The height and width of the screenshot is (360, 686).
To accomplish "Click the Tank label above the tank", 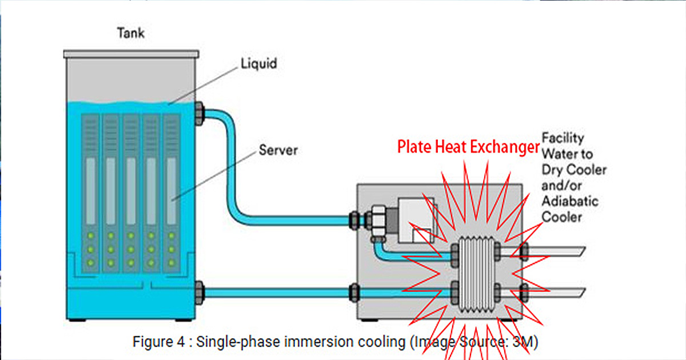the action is click(x=131, y=33).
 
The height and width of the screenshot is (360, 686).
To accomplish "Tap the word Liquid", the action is click(x=259, y=63).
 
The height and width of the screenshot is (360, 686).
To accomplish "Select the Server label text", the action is click(x=278, y=150).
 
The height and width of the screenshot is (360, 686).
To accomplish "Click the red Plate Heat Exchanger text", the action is click(x=468, y=147).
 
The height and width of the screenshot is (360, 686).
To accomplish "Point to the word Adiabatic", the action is click(x=570, y=201).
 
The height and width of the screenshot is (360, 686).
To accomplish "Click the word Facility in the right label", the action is click(x=563, y=138).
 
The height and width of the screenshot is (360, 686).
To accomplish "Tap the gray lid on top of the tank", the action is click(x=131, y=54).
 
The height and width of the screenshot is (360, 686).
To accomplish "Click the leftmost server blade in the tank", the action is click(x=90, y=194).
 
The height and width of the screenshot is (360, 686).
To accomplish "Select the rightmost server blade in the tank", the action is click(x=171, y=194).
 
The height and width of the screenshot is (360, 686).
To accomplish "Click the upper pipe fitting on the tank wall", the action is click(x=199, y=114).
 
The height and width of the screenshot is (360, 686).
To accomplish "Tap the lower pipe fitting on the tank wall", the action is click(x=199, y=293).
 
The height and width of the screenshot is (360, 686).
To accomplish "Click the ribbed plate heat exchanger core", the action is click(x=476, y=274).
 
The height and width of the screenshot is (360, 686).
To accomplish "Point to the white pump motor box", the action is click(x=416, y=221).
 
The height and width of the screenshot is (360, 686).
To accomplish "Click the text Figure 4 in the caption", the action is click(x=159, y=342).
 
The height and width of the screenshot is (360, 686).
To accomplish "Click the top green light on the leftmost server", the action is click(x=91, y=235).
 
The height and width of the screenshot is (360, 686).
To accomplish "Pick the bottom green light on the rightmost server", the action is click(x=171, y=263).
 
